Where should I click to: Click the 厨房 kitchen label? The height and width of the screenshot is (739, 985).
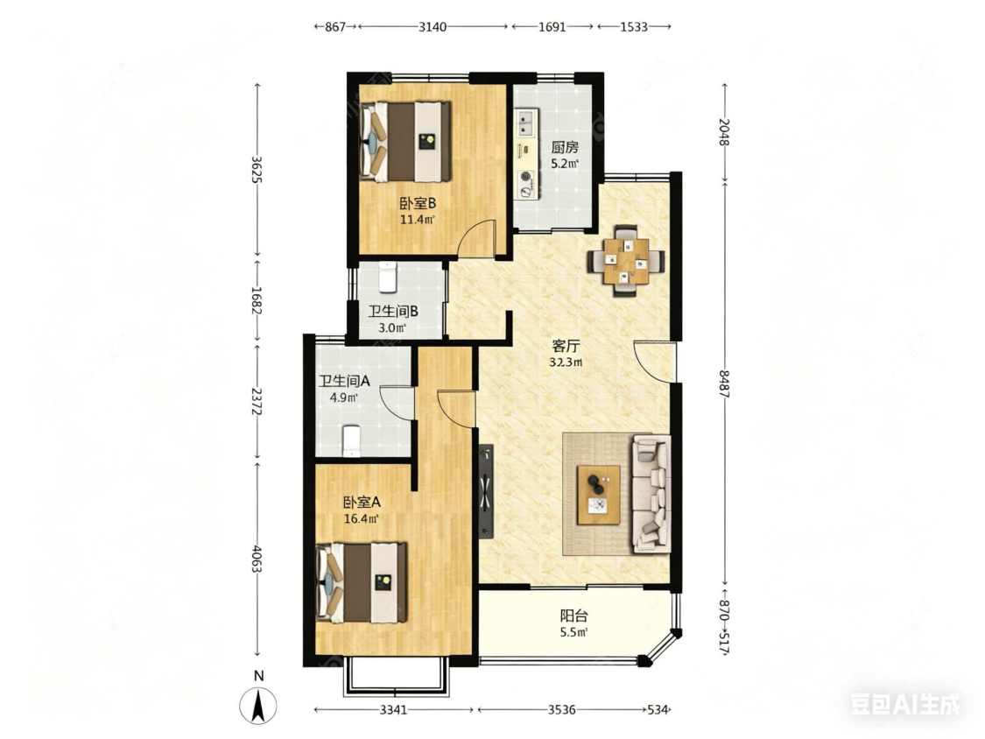[x=565, y=148]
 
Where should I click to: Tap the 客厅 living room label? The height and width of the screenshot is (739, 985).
[x=566, y=346]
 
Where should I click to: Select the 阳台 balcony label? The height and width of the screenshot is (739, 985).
[x=574, y=616]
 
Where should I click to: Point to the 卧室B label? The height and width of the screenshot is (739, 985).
[x=418, y=204]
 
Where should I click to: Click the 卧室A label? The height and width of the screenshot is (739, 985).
[x=362, y=503]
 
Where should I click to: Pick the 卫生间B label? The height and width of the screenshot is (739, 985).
[x=393, y=312]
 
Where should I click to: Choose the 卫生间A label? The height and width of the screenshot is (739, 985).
[x=344, y=381]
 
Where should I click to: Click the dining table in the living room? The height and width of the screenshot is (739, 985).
[x=626, y=260]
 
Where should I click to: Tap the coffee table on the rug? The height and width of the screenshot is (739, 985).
[x=599, y=494]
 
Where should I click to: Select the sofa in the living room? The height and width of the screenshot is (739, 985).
[x=651, y=494]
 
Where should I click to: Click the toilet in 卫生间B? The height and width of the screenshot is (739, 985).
[x=388, y=277]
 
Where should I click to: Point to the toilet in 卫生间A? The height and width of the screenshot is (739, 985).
[x=351, y=441]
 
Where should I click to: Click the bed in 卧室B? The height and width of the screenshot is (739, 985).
[x=405, y=142]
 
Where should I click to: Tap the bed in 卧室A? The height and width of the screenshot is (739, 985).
[x=362, y=582]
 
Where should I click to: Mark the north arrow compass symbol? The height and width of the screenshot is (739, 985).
[x=258, y=705]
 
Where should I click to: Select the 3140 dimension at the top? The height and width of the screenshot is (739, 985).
[x=433, y=26]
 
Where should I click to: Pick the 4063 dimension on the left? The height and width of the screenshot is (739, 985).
[x=257, y=558]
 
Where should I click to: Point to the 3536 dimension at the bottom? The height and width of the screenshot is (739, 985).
[x=561, y=709]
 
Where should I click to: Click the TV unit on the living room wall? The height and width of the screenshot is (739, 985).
[x=486, y=491]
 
